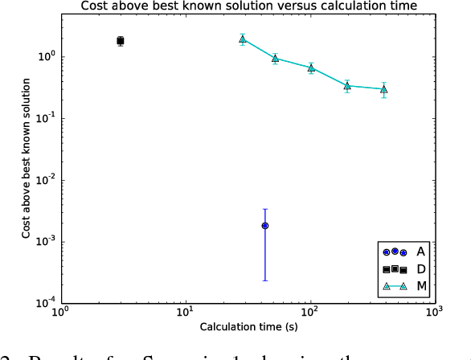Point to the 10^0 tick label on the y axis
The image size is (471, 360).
pyautogui.click(x=44, y=57)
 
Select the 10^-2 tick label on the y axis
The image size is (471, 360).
pyautogui.click(x=44, y=180)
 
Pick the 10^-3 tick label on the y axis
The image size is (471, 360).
pyautogui.click(x=44, y=242)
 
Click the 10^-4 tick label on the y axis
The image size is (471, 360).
pyautogui.click(x=44, y=304)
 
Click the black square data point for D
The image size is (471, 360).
pyautogui.click(x=121, y=41)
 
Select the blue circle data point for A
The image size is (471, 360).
pyautogui.click(x=265, y=226)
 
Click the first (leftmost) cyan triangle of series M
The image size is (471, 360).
pyautogui.click(x=243, y=39)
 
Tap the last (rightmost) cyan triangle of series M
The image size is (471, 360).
pyautogui.click(x=384, y=89)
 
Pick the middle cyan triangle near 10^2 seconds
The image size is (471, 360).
pyautogui.click(x=311, y=68)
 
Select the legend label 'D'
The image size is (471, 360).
pyautogui.click(x=421, y=268)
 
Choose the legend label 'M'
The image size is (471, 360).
pyautogui.click(x=421, y=286)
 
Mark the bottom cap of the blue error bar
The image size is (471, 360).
pyautogui.click(x=265, y=280)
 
